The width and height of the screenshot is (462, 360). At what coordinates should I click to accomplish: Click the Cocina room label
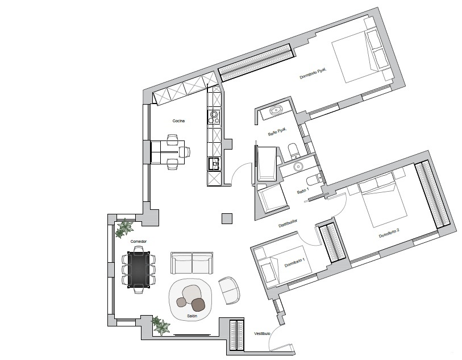click(x=180, y=121)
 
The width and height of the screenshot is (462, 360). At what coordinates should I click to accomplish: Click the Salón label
click(x=192, y=315)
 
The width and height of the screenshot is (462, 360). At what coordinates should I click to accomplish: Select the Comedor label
click(x=139, y=242)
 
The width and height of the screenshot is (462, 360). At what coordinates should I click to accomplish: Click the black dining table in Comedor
click(x=139, y=268)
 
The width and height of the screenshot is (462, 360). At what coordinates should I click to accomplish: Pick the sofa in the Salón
click(x=193, y=263)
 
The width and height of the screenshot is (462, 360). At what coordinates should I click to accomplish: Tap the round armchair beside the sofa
click(x=230, y=290)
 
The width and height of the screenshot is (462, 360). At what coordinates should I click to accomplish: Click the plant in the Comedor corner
click(x=124, y=229)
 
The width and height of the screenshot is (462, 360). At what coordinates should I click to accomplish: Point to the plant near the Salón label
click(x=161, y=326)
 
